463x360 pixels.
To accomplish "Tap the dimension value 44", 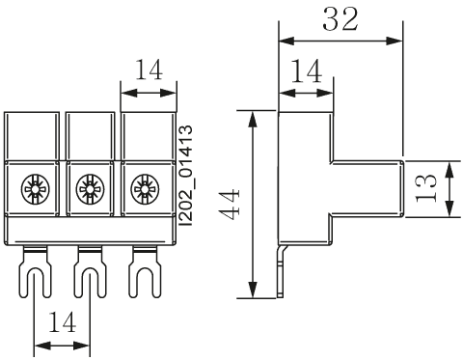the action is pyautogui.click(x=230, y=205).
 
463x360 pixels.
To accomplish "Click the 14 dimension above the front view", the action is pyautogui.click(x=148, y=70).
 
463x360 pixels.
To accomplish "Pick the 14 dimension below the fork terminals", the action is pyautogui.click(x=63, y=323).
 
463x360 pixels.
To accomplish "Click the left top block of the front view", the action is pyautogui.click(x=34, y=134).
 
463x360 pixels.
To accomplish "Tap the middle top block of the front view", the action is pyautogui.click(x=90, y=134).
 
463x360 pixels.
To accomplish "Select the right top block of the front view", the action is pyautogui.click(x=147, y=134).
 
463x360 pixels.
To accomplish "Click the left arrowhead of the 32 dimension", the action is pyautogui.click(x=285, y=42).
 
